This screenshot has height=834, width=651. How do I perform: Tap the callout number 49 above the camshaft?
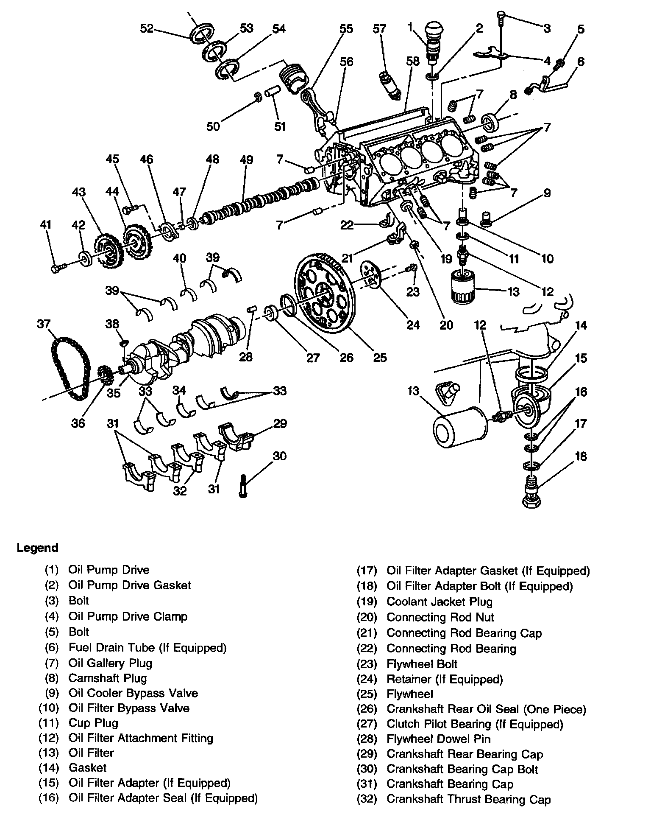pos(246,160)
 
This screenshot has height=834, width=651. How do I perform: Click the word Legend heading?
pos(37,548)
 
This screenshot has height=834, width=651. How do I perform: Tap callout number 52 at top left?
pos(146,29)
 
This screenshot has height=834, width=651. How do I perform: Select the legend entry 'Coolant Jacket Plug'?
pos(440,602)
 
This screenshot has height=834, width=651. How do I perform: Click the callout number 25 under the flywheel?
pos(380,357)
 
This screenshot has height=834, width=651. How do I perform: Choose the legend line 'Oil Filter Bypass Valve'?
pos(129,708)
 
